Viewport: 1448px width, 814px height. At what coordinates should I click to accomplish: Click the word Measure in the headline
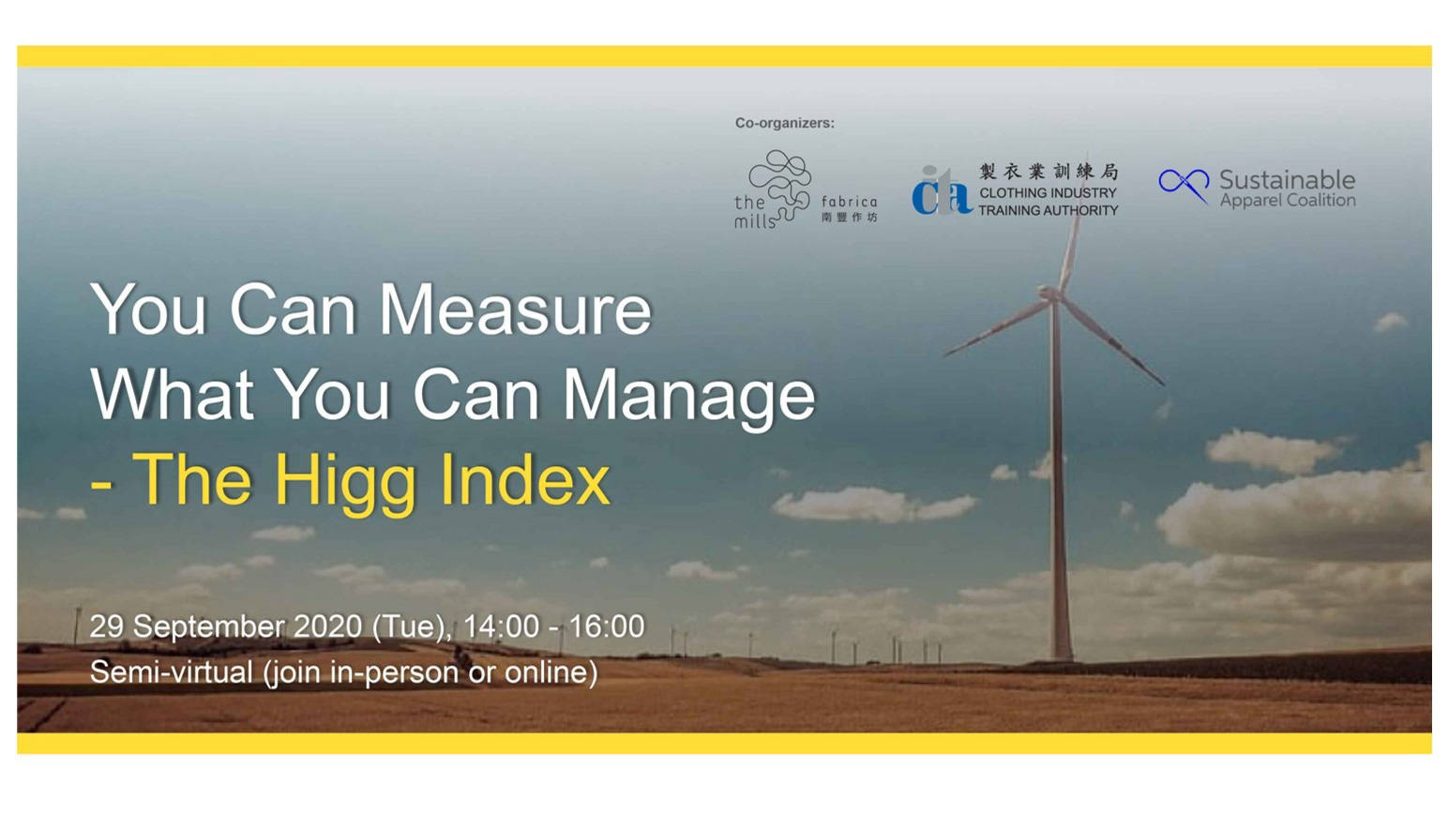(514, 309)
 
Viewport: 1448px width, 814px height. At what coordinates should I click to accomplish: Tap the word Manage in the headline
(688, 395)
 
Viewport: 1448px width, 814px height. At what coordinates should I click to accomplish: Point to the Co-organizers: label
(784, 123)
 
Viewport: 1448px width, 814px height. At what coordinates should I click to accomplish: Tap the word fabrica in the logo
(849, 202)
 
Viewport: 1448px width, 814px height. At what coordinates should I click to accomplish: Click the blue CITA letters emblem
(941, 191)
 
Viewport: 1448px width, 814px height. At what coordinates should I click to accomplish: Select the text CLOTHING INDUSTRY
(1048, 193)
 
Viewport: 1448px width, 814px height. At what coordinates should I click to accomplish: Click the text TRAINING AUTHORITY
(1048, 211)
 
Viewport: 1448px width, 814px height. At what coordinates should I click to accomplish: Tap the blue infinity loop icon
(1184, 183)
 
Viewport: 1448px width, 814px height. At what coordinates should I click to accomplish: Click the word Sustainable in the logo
(1287, 179)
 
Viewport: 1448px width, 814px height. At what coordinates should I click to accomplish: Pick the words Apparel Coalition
(1287, 201)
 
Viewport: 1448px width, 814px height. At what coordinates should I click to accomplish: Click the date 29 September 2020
(225, 626)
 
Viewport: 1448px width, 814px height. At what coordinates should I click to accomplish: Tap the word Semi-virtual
(171, 672)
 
